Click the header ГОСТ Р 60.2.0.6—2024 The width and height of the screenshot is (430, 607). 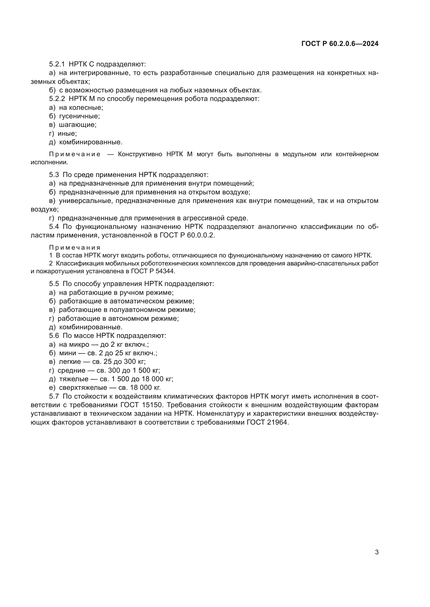pos(340,44)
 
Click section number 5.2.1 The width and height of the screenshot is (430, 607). pos(57,64)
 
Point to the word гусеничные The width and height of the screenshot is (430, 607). pos(79,116)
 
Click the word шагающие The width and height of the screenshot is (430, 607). pos(77,125)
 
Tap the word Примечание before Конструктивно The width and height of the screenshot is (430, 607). pos(75,154)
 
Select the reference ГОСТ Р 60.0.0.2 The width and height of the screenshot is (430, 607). pos(187,235)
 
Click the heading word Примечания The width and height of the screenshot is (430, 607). pos(75,248)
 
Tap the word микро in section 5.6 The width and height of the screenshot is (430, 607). pos(79,344)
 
